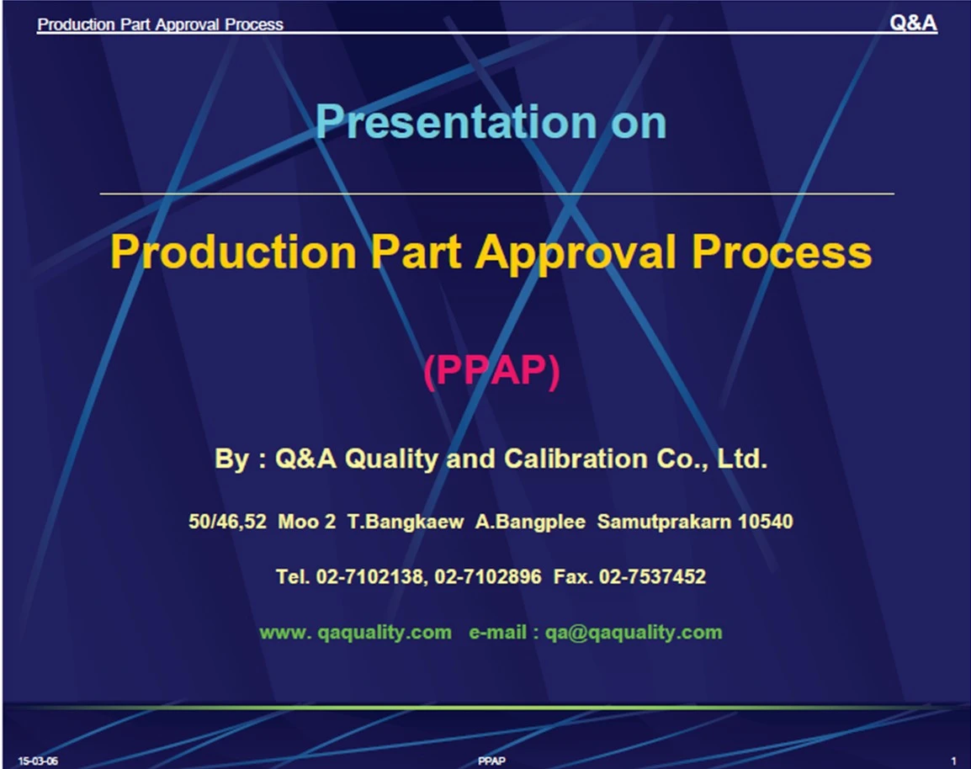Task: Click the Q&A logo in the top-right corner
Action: click(x=913, y=23)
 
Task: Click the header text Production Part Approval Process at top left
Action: click(x=161, y=24)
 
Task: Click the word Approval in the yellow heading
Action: click(x=575, y=253)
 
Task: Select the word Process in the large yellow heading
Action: click(x=782, y=252)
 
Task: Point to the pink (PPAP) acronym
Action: click(x=491, y=370)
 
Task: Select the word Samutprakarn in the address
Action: click(x=664, y=522)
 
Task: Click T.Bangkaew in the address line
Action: click(x=405, y=522)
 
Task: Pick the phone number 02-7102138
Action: click(x=370, y=577)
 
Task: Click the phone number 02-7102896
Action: click(x=488, y=577)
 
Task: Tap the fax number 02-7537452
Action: click(x=652, y=577)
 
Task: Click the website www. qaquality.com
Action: click(x=355, y=632)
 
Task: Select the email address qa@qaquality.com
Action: click(x=634, y=632)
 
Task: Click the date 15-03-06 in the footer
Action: click(x=38, y=761)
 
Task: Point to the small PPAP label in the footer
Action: click(x=491, y=761)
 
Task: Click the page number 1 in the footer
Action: click(x=953, y=761)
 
